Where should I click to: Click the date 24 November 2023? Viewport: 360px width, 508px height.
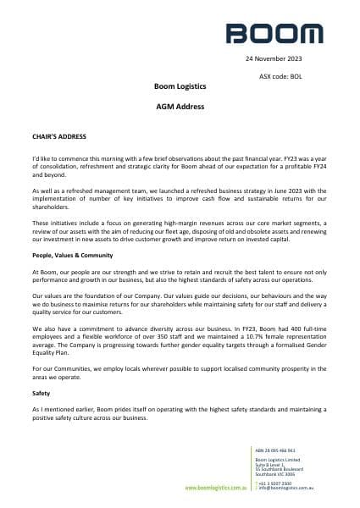pyautogui.click(x=274, y=60)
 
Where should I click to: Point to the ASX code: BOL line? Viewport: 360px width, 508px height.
pyautogui.click(x=280, y=76)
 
